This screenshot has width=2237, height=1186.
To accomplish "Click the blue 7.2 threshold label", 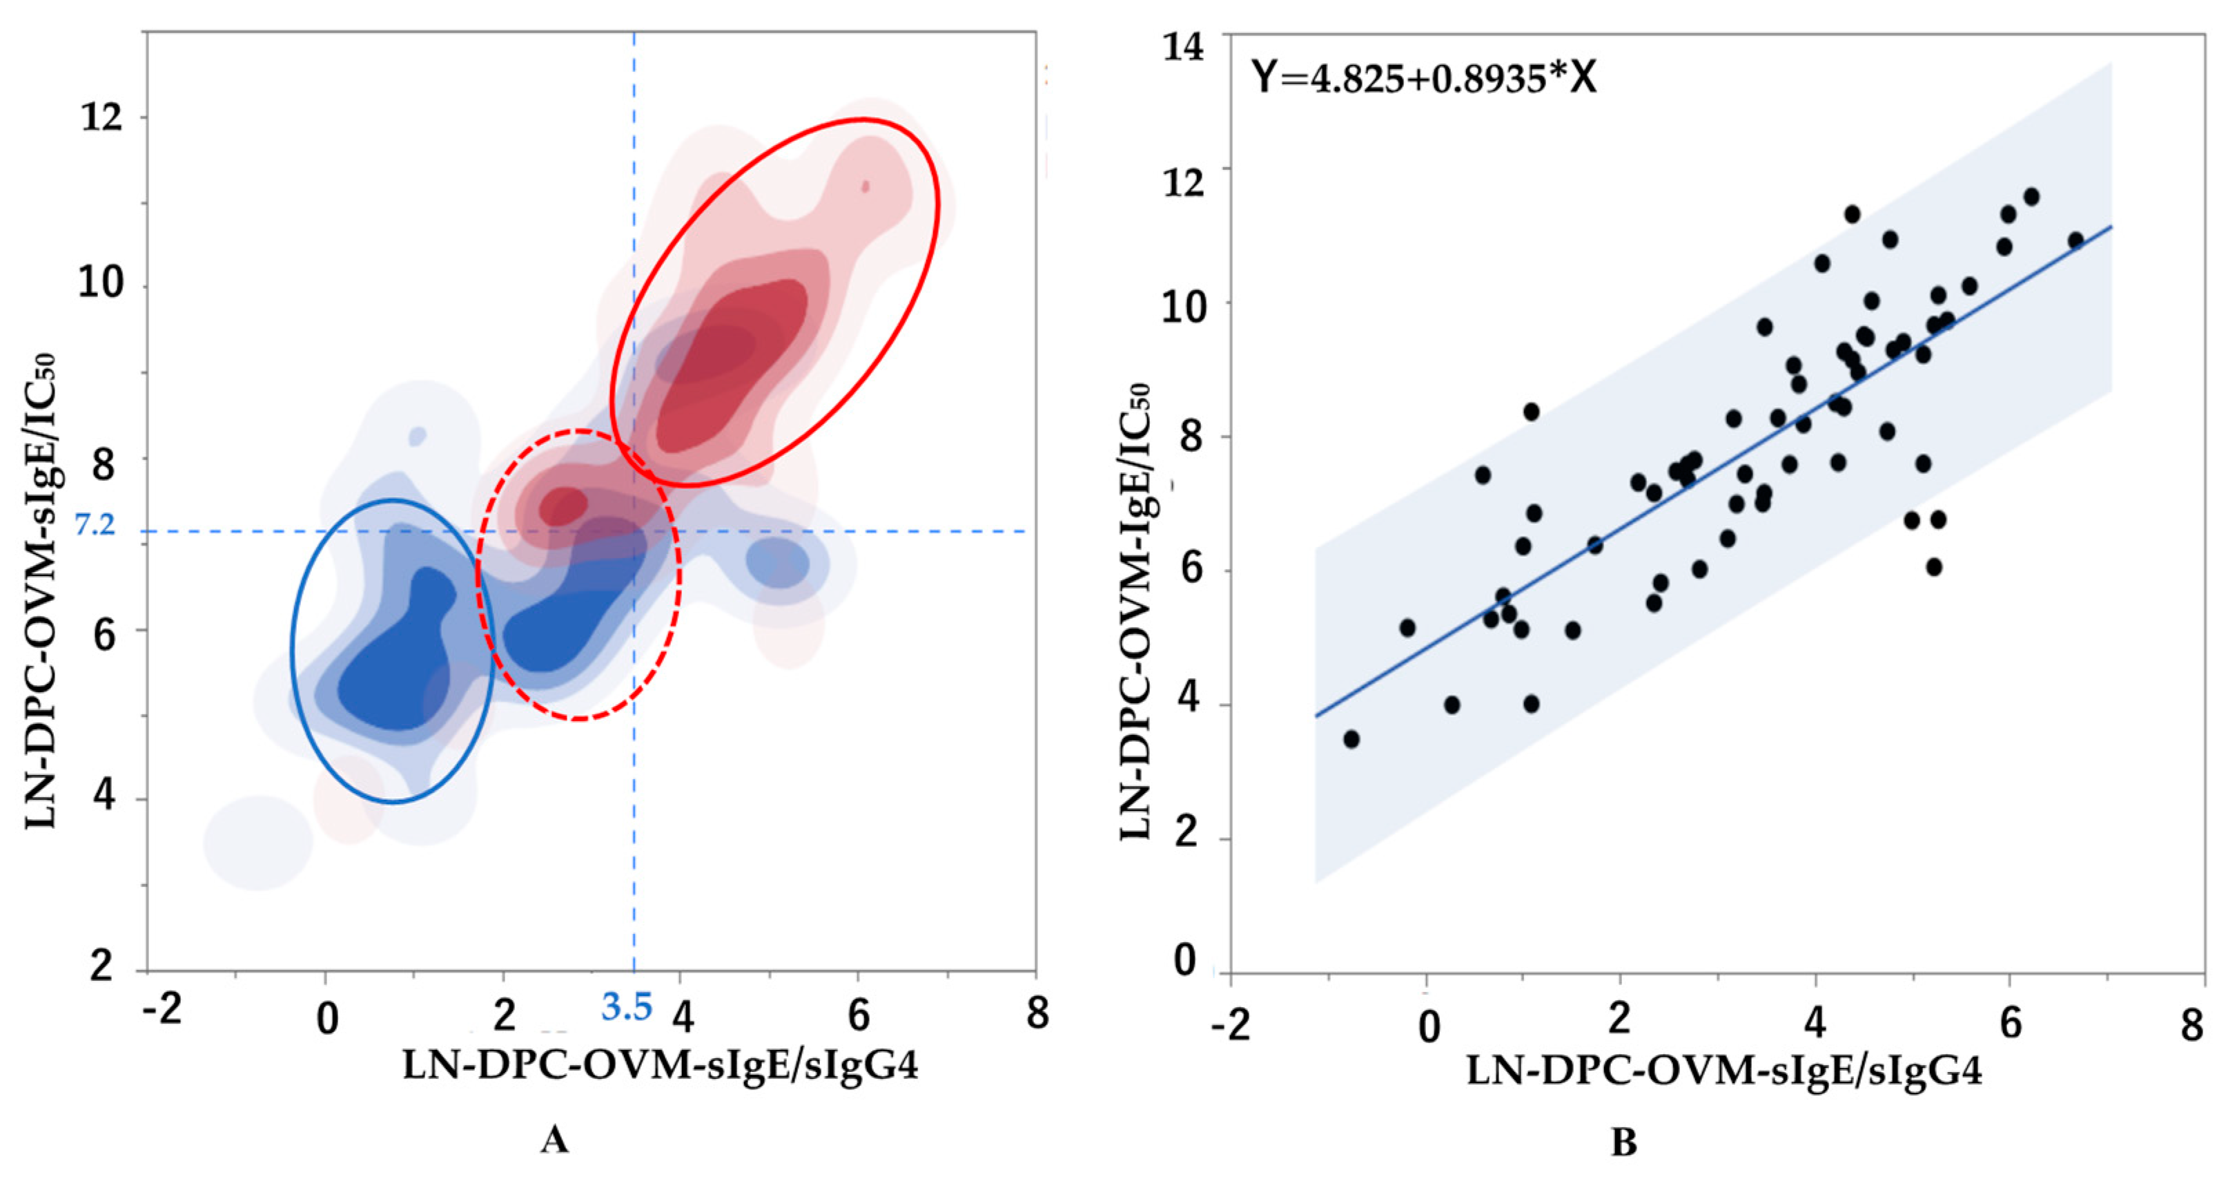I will point(94,525).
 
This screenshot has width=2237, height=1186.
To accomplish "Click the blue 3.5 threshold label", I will point(627,1008).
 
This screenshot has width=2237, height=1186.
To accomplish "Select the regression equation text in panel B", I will point(1423,78).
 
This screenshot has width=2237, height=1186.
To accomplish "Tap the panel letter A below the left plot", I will point(554,1139).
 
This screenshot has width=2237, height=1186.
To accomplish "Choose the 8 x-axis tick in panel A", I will point(1037,1013).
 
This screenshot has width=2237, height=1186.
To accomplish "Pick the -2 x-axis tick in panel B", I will point(1231,1025).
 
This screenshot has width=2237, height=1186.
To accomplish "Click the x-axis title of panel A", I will point(660,1065).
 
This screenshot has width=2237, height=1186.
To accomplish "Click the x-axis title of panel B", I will point(1723,1071).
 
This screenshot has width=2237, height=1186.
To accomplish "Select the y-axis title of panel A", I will point(41,591).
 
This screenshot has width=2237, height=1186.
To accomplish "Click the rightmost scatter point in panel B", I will point(2075,240).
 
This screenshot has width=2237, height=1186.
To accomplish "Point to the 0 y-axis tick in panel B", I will point(1184,961).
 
